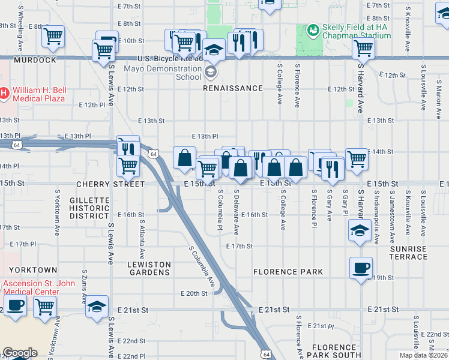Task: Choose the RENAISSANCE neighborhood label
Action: (232, 88)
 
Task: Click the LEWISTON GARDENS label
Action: (149, 268)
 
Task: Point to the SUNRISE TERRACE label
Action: (408, 253)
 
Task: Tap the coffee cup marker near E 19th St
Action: (361, 268)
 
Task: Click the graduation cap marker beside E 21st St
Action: (97, 306)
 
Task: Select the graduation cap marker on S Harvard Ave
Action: (359, 231)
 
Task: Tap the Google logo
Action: (20, 353)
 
